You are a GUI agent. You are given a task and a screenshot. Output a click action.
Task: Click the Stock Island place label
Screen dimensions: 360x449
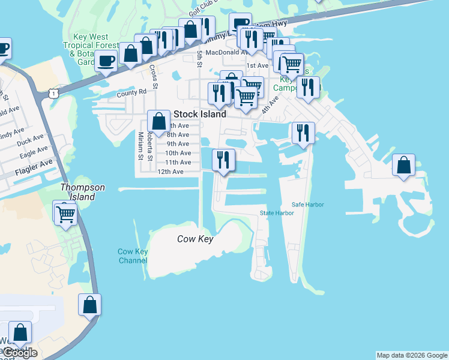[x=200, y=114]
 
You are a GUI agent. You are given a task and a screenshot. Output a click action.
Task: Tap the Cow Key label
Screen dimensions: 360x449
[x=196, y=239]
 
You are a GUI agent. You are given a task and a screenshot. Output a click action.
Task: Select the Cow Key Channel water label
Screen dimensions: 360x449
[x=133, y=256]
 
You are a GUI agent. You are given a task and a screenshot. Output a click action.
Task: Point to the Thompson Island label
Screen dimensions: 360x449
[x=83, y=192]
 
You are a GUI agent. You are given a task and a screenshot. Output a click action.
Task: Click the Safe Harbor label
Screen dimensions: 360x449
[x=308, y=205]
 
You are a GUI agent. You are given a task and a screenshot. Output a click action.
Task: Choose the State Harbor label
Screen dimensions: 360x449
[x=277, y=213]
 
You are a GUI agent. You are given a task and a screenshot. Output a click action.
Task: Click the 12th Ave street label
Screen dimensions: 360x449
[x=170, y=172]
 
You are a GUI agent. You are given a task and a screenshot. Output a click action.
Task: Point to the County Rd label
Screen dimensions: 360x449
[x=131, y=92]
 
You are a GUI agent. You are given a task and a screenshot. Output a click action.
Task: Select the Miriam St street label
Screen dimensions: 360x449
[x=140, y=146]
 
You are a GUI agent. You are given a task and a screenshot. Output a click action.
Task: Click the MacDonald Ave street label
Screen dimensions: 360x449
[x=228, y=53]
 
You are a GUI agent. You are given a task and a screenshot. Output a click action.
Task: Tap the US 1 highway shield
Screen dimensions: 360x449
[x=55, y=94]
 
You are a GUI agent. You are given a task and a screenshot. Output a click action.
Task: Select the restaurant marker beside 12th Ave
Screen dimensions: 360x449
[x=223, y=160]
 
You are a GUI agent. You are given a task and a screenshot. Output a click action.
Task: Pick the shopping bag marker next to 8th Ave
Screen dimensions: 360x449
[x=158, y=121]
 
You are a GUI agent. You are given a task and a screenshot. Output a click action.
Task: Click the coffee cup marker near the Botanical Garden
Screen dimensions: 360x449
[x=106, y=61]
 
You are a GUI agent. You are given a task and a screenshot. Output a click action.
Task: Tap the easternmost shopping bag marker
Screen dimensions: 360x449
[x=404, y=165]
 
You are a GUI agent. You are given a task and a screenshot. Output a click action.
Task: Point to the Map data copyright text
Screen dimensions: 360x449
[x=412, y=355]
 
